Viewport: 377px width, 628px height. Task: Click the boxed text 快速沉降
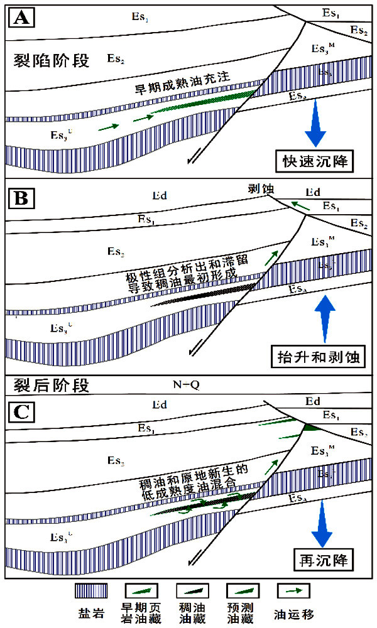click(315, 161)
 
